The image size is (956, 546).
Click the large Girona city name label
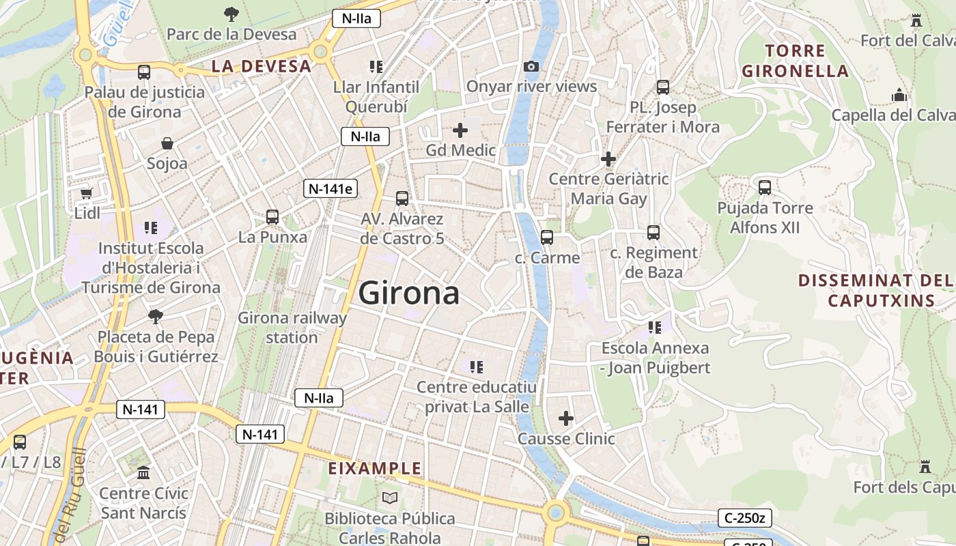[408, 293]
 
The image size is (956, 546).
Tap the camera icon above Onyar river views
[531, 66]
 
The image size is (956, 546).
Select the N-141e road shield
[331, 188]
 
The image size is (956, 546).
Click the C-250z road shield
[744, 518]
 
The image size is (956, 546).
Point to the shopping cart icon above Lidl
[87, 194]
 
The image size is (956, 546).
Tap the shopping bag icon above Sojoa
[167, 143]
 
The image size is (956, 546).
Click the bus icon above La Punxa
[272, 217]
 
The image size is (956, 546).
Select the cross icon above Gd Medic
[460, 130]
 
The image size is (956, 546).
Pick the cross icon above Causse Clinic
[566, 418]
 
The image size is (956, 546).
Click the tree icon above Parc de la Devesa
[231, 13]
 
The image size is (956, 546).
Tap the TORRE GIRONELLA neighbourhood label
[795, 61]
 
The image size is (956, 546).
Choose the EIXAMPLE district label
[375, 468]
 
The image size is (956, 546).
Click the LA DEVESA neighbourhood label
[261, 66]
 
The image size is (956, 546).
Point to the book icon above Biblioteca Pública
[389, 498]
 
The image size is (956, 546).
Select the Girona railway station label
[292, 327]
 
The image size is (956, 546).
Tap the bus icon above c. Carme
[547, 238]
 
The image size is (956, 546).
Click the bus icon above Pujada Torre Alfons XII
[765, 187]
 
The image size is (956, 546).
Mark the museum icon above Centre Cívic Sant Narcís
[143, 472]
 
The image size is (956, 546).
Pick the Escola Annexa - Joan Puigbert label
[656, 358]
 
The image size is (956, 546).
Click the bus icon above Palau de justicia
[143, 72]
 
